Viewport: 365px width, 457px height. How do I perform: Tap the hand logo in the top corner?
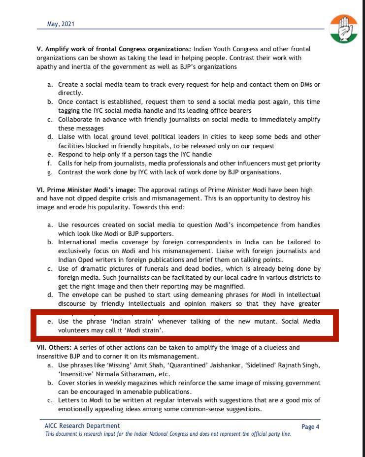[344, 29]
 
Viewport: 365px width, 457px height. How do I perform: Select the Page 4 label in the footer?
[310, 427]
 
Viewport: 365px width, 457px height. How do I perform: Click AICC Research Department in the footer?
[82, 425]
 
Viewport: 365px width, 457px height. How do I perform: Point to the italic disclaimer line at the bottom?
[168, 434]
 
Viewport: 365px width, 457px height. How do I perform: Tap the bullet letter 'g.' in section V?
[50, 172]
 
